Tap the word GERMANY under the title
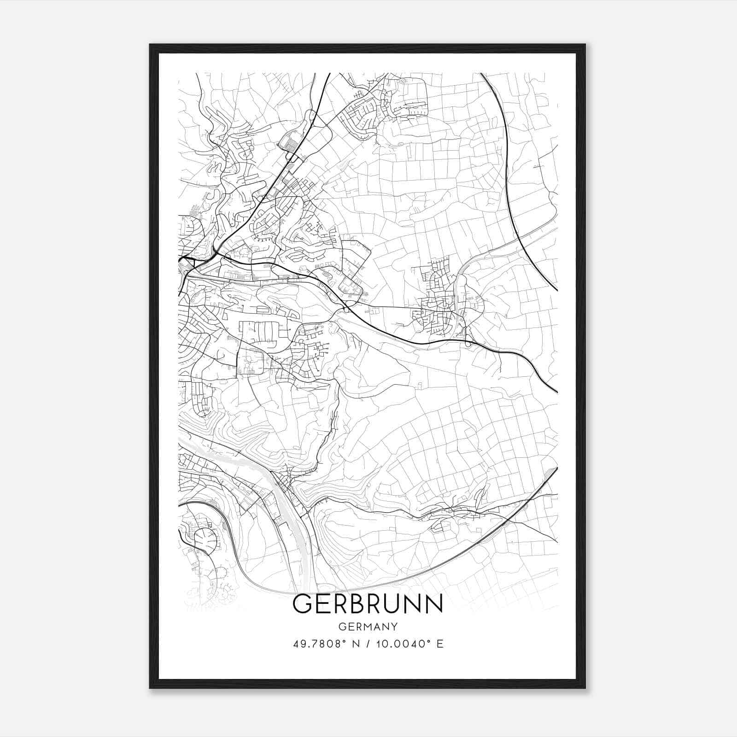[368, 627]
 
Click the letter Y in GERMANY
[394, 627]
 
